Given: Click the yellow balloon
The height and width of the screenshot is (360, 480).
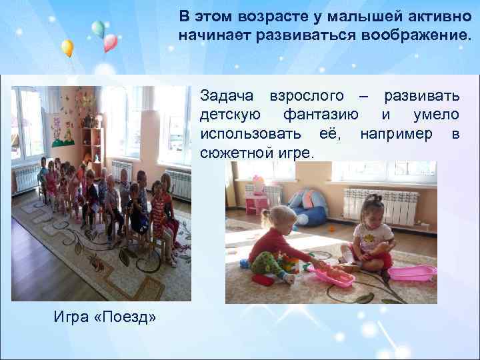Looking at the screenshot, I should (x=67, y=47).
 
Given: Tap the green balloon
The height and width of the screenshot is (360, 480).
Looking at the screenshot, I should (x=98, y=29).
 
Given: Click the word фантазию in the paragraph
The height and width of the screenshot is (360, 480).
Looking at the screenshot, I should (x=323, y=115).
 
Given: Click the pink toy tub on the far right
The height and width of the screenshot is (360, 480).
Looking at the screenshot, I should (x=413, y=273).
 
